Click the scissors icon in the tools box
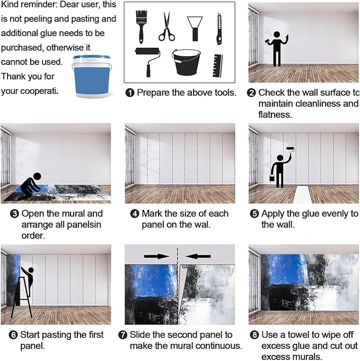click(x=166, y=27)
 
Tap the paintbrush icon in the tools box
click(x=141, y=27)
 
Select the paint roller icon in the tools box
click(x=147, y=61)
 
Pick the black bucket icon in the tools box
click(x=186, y=62)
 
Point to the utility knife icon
click(x=219, y=29)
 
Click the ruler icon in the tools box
click(x=218, y=66)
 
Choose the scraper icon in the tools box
click(x=195, y=29)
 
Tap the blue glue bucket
click(x=92, y=77)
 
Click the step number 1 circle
click(x=130, y=93)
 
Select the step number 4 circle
click(x=135, y=214)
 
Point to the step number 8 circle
click(x=254, y=334)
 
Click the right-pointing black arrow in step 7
click(x=157, y=256)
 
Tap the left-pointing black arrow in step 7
click(x=198, y=256)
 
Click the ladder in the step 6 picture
click(x=21, y=297)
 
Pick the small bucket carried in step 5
click(x=272, y=178)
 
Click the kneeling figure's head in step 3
click(x=37, y=177)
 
